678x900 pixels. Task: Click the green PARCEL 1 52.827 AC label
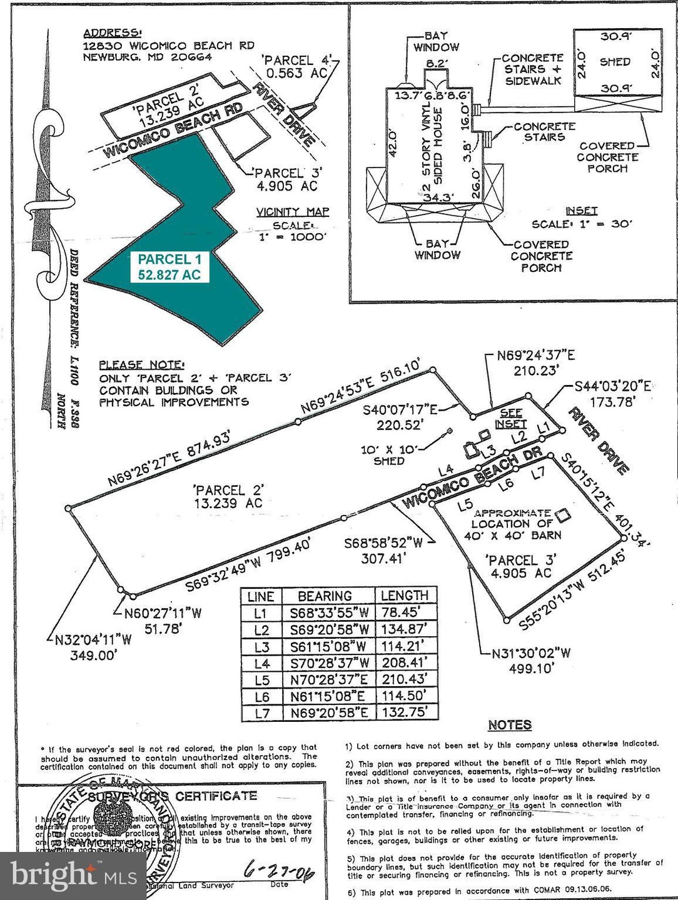169,267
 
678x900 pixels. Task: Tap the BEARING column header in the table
325,596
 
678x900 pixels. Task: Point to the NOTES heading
509,725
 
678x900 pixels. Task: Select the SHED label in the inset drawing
615,62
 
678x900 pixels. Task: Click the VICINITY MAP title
292,212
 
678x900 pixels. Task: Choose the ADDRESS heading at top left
113,33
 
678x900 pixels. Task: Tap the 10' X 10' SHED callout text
388,455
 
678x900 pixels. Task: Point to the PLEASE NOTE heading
141,364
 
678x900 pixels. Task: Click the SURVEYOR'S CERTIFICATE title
171,796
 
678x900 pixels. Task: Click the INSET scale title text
581,211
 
